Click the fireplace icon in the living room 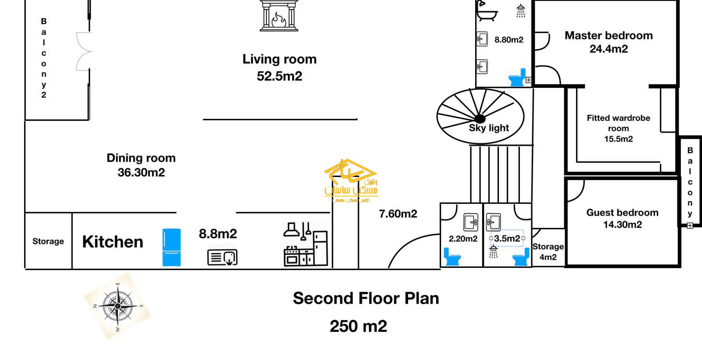point(279,16)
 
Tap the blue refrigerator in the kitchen point(172,247)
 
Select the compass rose point(118,306)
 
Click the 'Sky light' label point(489,128)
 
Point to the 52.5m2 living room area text point(279,76)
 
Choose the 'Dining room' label point(141,158)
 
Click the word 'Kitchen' point(113,242)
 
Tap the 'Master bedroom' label point(609,36)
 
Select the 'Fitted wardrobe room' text point(618,123)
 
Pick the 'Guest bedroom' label point(622,213)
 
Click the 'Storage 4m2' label point(548,252)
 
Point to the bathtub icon point(487,13)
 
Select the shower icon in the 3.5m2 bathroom point(494,252)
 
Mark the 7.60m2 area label point(398,214)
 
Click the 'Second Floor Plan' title point(366,299)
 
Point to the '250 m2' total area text point(358,327)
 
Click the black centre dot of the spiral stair point(480,119)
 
